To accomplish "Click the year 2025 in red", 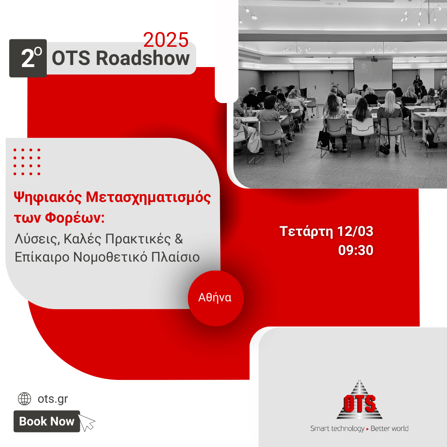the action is (x=166, y=40).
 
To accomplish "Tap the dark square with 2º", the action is (x=28, y=58).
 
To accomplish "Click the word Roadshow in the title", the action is (x=143, y=58).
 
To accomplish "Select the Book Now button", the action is (x=47, y=421).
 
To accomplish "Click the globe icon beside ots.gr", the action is (x=24, y=399).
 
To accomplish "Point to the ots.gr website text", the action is (x=53, y=399).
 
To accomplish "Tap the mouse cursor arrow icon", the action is (x=87, y=423).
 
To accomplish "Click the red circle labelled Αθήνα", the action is (x=216, y=298).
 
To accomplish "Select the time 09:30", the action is (x=356, y=250).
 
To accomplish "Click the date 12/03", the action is (x=355, y=231).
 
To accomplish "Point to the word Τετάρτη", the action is (x=306, y=232).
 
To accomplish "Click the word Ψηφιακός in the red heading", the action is (x=48, y=197).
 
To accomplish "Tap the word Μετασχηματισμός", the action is (x=148, y=197).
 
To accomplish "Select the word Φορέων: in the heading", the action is (x=75, y=218).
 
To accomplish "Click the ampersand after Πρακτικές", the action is (x=179, y=239).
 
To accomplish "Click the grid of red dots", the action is (x=27, y=162).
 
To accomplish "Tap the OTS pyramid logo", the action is (x=360, y=400).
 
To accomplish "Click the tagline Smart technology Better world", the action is (x=359, y=428).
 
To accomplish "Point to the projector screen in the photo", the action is (x=373, y=74).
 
